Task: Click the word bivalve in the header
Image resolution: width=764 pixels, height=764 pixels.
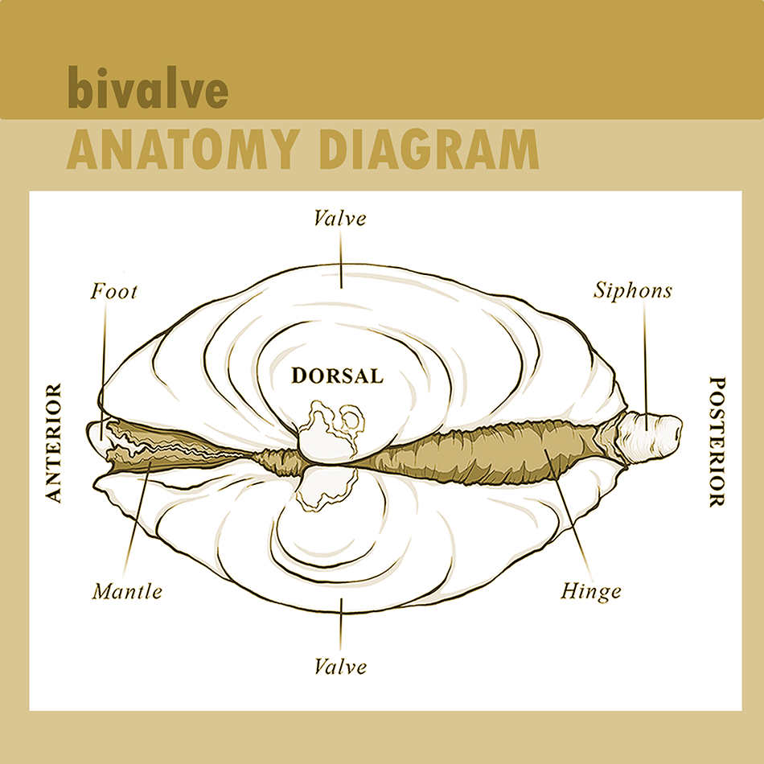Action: pos(147,90)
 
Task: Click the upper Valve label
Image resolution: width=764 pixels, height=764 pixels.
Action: pos(340,218)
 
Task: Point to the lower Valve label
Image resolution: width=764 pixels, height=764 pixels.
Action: pos(340,666)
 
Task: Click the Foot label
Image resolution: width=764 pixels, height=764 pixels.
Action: pos(113,290)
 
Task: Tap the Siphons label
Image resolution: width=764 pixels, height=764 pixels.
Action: pos(633,290)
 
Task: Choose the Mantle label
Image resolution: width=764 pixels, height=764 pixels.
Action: pos(127,592)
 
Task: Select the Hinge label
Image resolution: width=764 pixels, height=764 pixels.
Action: pos(591,592)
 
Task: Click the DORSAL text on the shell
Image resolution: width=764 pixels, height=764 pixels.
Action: pos(338,376)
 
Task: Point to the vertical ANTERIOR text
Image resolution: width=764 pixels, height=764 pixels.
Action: pos(54,443)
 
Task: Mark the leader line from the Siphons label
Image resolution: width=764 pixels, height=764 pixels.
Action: pos(645,354)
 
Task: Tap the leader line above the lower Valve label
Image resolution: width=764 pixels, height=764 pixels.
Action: pos(340,624)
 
